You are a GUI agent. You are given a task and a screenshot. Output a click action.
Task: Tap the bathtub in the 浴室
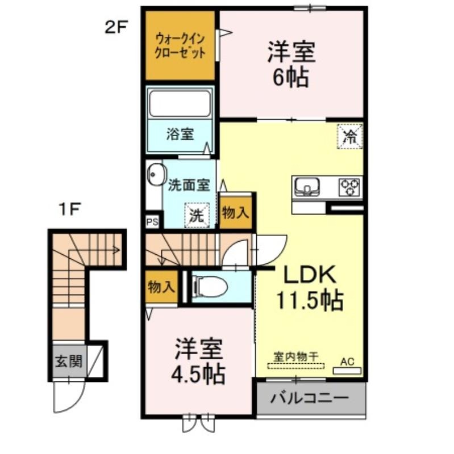point(180,103)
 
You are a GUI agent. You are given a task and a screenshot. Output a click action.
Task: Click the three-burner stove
point(349,187)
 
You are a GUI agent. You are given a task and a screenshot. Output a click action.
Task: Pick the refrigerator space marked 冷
point(350,136)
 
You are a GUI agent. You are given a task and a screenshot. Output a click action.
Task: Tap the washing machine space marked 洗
point(197,215)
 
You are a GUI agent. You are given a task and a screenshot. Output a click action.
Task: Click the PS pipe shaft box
point(152,222)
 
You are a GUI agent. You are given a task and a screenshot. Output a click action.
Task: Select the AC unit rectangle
point(347,371)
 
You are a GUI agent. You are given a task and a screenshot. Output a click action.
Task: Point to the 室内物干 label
point(296,356)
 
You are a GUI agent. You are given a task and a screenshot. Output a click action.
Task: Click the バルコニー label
point(309,399)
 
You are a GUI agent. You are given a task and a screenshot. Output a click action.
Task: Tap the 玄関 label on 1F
point(69,361)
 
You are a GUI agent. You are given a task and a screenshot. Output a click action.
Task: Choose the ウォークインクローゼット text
point(180,46)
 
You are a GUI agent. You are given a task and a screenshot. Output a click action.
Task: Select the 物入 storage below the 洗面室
point(235,213)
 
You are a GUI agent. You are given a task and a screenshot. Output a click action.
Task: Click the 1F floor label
point(69,209)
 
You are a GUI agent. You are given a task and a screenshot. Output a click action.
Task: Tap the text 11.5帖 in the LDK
point(310,301)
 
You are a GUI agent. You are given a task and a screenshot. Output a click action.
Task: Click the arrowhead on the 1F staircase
point(117,250)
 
